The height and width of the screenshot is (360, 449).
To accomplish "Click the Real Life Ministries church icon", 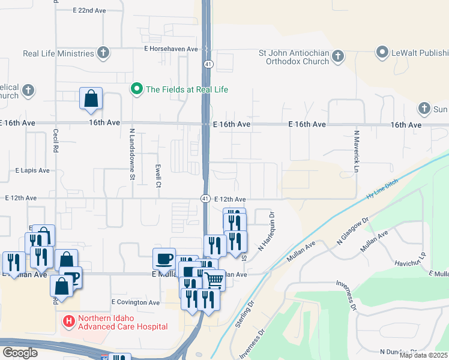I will tap(103, 53).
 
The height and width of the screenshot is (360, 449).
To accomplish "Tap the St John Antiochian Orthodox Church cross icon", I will tap(337, 56).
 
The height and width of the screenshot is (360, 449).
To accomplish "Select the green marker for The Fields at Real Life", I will tap(136, 89).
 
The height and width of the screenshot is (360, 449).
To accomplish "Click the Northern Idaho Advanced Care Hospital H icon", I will tap(68, 322).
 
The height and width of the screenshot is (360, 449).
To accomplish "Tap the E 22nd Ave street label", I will tap(89, 11).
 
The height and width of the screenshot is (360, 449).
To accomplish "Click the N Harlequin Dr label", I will tap(267, 232).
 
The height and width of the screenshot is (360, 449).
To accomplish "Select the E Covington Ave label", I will tap(136, 302).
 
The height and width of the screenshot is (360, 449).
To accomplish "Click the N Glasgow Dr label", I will tap(352, 232).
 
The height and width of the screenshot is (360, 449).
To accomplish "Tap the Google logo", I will tap(19, 353).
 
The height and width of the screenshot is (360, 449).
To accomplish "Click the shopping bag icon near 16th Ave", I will tap(91, 98).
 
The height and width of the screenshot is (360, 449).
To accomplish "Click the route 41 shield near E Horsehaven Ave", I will tap(206, 64).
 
